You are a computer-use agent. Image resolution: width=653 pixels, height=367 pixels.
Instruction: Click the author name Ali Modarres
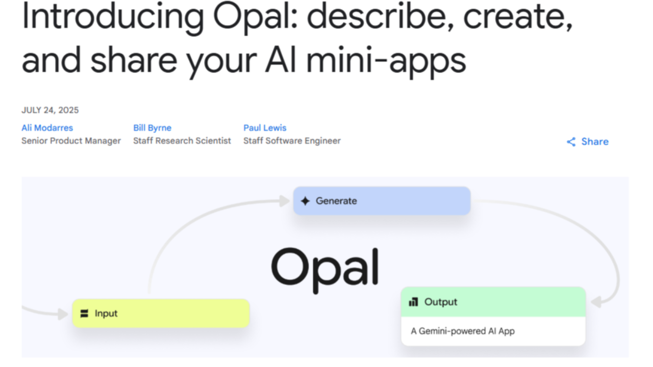47,128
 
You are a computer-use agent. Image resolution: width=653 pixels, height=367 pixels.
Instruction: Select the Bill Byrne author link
152,128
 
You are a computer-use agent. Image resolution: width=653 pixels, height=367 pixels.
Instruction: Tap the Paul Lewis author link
265,128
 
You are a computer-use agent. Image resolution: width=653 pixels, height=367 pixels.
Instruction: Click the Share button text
595,142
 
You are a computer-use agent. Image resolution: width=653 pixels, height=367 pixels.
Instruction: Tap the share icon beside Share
571,142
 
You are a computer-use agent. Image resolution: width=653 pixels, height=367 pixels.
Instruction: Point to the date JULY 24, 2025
50,110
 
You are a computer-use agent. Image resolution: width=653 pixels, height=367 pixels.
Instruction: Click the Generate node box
382,201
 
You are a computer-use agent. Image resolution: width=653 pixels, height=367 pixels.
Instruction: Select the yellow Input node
161,313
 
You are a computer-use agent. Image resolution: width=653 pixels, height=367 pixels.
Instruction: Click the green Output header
493,302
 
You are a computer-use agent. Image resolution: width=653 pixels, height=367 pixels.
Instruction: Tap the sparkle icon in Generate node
305,201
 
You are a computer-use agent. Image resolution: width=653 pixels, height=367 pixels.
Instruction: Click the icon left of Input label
85,313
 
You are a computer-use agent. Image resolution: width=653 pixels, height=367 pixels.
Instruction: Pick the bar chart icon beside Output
413,302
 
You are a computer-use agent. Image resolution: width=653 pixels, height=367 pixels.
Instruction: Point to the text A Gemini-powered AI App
463,331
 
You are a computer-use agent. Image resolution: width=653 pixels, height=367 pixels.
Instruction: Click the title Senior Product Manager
71,141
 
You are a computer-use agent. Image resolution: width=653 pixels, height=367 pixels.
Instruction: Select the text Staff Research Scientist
182,141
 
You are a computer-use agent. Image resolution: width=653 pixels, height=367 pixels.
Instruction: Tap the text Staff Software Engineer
292,141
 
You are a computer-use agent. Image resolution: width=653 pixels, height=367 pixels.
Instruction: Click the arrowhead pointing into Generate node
284,201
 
